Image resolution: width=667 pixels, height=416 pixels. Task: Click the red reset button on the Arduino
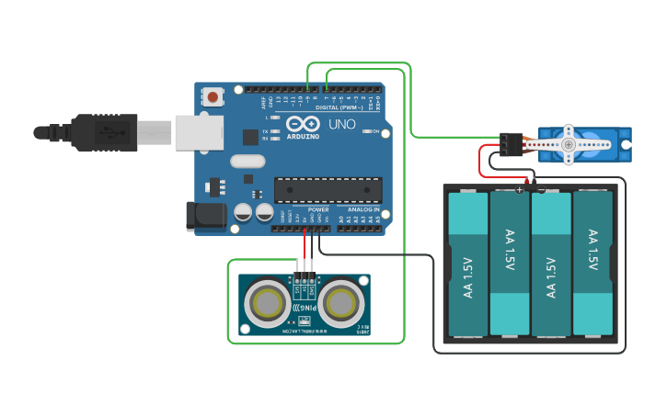[x=213, y=96]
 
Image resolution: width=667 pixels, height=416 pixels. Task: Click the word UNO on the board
[x=341, y=124]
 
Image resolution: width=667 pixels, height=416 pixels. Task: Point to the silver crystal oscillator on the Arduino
[x=247, y=162]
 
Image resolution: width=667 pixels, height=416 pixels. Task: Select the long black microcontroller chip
[x=328, y=189]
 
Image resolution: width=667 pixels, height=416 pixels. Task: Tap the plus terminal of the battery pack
[x=520, y=190]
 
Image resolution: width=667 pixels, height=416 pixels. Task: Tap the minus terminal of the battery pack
[x=541, y=190]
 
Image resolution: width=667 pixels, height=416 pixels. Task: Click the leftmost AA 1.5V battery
[x=467, y=264]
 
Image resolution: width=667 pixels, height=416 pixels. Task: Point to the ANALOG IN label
[x=363, y=209]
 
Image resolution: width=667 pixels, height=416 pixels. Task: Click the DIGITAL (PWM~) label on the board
[x=339, y=107]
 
